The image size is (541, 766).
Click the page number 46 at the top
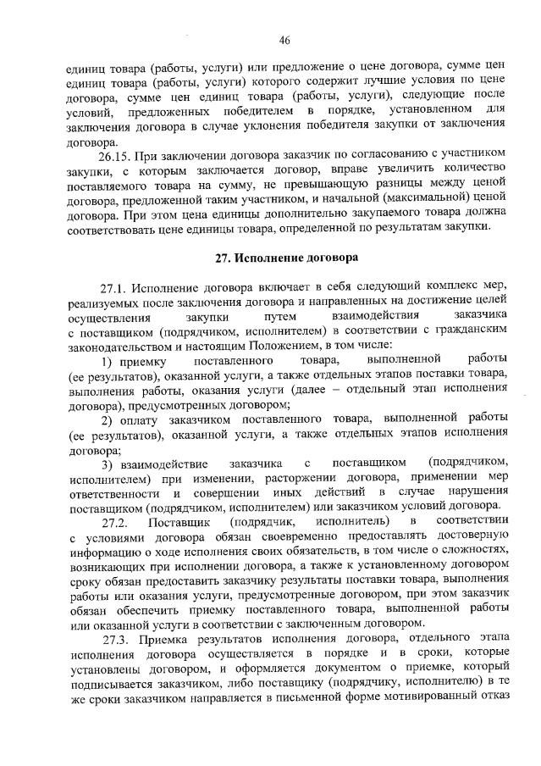pyautogui.click(x=284, y=39)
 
